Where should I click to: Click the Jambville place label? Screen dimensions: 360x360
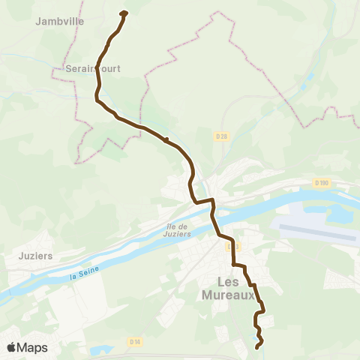pos(59,22)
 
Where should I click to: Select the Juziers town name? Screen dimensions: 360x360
pos(34,255)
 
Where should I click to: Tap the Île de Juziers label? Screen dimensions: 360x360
pos(176,229)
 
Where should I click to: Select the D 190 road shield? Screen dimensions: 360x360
pos(322,183)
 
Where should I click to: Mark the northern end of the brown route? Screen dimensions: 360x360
pos(124,12)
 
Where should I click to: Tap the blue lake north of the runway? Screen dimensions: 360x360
pos(337,214)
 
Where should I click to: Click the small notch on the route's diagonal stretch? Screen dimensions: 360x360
pos(166,139)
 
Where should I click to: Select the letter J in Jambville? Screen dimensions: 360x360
pos(38,22)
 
